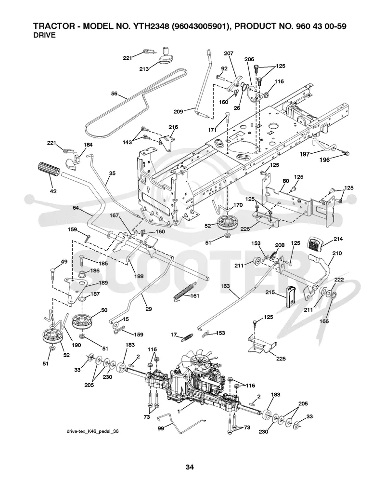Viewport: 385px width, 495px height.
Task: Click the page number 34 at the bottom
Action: (x=190, y=467)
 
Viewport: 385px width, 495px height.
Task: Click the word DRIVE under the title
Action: (x=44, y=35)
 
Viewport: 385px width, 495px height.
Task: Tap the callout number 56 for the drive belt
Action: (x=115, y=94)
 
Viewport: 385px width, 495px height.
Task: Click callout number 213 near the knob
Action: (x=144, y=69)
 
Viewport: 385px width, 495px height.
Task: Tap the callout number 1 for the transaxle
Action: (x=179, y=411)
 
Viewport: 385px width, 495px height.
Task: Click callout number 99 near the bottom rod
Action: (x=161, y=429)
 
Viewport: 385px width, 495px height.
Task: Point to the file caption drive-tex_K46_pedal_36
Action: (x=93, y=431)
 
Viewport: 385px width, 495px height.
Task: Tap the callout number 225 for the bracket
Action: (x=281, y=358)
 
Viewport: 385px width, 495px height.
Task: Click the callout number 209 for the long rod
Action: (x=179, y=111)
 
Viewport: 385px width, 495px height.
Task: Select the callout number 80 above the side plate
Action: (x=286, y=181)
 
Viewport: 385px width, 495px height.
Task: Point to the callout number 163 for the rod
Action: (x=225, y=286)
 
